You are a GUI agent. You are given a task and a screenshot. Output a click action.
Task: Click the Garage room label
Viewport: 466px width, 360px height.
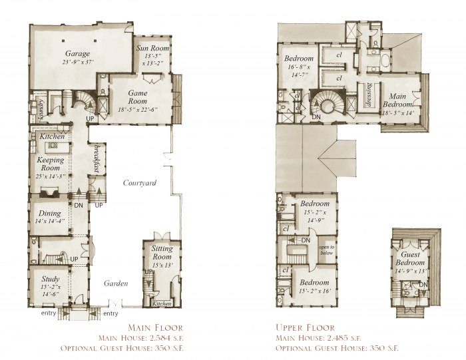pos(77,53)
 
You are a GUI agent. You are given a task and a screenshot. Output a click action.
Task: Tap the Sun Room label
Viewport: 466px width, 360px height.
pos(152,49)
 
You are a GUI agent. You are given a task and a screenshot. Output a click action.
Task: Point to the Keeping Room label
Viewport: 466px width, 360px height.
pos(51,164)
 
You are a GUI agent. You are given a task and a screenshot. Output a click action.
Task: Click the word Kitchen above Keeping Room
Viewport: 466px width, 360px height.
pos(51,136)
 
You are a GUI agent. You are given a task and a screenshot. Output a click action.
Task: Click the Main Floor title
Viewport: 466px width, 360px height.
pos(154,327)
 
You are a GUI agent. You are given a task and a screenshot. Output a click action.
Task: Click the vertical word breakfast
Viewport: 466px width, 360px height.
pos(97,158)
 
